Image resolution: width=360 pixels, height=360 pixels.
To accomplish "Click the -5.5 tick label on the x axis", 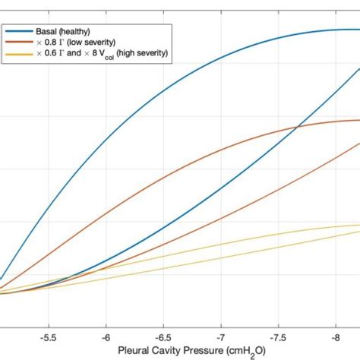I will (49, 334).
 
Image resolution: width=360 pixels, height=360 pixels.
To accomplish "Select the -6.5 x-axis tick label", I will (163, 334).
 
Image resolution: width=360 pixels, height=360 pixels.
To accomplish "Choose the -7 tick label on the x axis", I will (221, 334).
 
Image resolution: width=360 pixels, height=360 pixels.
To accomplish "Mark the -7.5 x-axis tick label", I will (278, 334).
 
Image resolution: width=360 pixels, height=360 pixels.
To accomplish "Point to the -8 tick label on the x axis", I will (335, 334).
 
